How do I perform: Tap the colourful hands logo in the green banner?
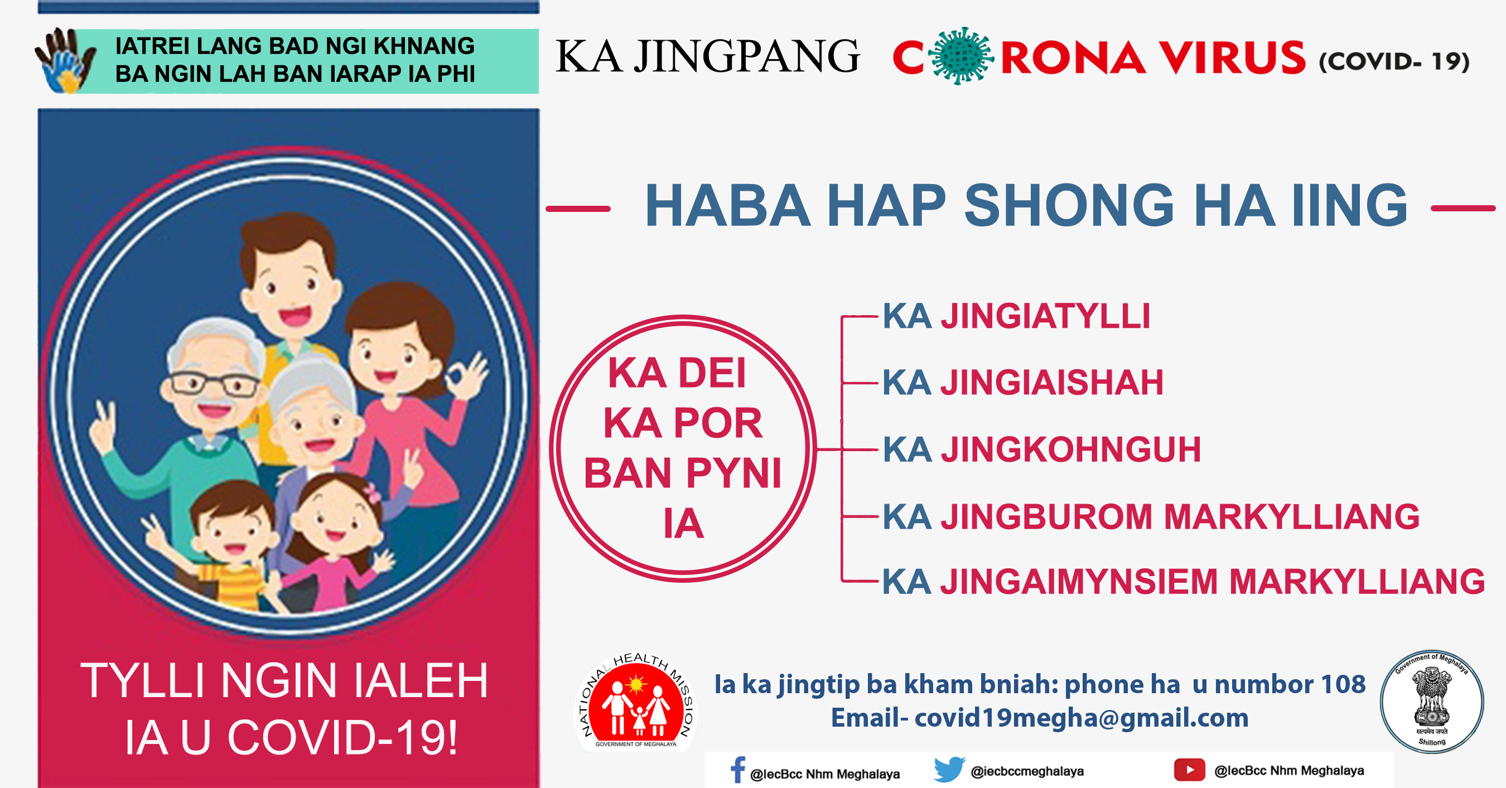coord(65,60)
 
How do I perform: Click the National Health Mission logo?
coord(635,702)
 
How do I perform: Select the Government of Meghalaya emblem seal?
coord(1432,701)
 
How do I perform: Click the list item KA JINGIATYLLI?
coord(1016,316)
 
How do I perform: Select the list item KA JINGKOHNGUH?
coord(1041,449)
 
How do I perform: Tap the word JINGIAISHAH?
coord(1052,383)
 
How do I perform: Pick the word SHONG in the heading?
coord(1069,205)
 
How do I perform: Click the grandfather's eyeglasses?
coord(215,385)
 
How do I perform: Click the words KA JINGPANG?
coord(707,57)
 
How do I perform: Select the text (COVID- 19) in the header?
coord(1394,61)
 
